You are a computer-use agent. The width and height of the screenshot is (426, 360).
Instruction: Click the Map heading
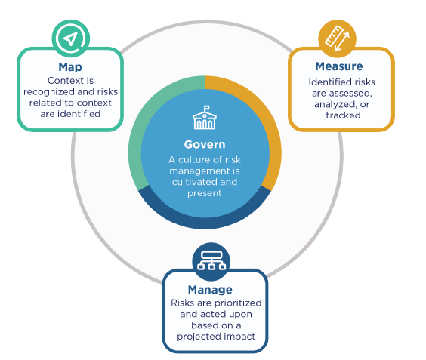coord(70,67)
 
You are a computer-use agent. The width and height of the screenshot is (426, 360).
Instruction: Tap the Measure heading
coord(339,66)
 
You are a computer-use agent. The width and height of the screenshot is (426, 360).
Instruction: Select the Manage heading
coord(210,290)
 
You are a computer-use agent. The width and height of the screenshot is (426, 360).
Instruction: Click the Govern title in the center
coord(205,144)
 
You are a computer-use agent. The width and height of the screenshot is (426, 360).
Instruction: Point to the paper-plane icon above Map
coord(71,38)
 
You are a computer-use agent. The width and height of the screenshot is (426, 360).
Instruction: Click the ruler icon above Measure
coord(337,38)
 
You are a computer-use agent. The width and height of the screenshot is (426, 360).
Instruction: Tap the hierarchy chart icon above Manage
coord(211,260)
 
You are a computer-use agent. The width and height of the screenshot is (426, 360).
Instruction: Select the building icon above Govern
coord(205,117)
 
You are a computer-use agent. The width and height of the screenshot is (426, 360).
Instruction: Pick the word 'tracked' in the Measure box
coord(343,115)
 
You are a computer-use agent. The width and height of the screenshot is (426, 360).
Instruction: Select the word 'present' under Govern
coord(205,193)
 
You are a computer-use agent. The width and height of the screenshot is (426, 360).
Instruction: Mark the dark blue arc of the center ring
coord(205,223)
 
